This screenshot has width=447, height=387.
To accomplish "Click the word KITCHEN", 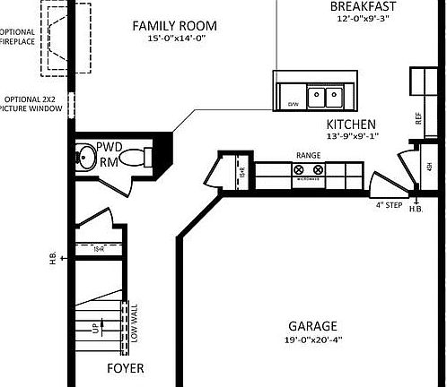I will point(350,125).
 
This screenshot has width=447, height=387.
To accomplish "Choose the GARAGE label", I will point(312,326).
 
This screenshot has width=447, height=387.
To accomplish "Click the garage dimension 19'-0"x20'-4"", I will point(312,340).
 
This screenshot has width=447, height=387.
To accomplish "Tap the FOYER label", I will point(126,368).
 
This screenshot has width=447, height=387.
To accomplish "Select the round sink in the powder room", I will point(86,158).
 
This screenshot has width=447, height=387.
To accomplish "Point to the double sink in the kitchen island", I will point(319,95).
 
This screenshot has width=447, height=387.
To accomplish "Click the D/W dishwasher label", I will point(292,105).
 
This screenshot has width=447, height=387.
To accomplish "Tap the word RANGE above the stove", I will point(308,156).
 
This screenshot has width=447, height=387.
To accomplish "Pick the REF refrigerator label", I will point(418,116).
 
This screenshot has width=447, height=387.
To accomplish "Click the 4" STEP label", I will point(390,205).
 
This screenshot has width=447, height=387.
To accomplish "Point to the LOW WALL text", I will point(134,323).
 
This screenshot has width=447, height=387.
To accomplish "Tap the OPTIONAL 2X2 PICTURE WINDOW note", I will point(33,104).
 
